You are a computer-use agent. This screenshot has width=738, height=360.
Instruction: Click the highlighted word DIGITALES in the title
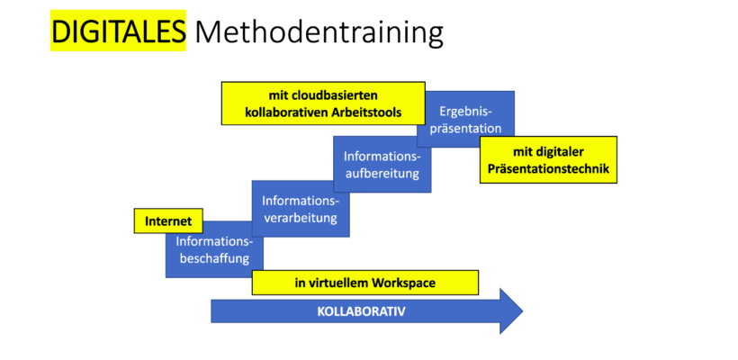(118, 31)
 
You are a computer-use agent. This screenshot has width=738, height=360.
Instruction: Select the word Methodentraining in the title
(319, 32)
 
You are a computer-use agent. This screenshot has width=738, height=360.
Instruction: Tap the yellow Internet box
(168, 220)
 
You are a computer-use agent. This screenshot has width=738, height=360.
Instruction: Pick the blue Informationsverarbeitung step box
(301, 209)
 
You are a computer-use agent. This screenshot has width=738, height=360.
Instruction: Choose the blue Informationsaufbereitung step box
(382, 164)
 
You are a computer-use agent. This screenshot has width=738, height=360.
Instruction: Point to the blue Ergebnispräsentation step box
(465, 119)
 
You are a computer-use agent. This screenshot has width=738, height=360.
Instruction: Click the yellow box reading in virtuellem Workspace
(365, 283)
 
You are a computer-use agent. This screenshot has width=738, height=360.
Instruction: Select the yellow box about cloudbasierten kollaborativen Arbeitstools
(323, 103)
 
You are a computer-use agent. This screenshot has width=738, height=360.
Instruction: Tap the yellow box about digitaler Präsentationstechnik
(548, 159)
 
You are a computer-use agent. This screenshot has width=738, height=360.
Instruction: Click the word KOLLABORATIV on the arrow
(362, 311)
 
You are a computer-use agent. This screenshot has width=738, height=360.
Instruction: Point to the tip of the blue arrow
(523, 311)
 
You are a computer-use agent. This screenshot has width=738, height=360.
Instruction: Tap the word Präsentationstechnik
(548, 168)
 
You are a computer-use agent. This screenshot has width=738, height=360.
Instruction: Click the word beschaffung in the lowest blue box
(214, 258)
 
